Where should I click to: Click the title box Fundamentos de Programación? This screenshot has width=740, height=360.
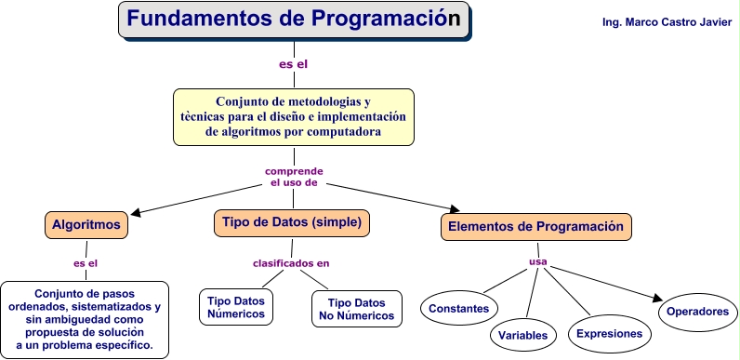click(293, 20)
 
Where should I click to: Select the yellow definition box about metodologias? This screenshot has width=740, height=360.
click(293, 117)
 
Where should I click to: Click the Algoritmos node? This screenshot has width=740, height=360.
click(85, 224)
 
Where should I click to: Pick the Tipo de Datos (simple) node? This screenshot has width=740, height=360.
click(293, 222)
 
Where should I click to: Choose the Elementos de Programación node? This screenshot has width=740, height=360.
click(535, 227)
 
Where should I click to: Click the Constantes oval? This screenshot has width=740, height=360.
click(460, 307)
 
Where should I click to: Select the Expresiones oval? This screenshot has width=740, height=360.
click(609, 333)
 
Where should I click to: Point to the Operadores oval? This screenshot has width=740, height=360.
click(697, 312)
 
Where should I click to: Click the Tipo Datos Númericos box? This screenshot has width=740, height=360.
click(236, 308)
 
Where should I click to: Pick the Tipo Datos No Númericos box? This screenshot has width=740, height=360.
click(357, 309)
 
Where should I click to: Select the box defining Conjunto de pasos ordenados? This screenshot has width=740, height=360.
click(85, 319)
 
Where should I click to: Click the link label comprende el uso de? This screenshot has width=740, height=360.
click(294, 177)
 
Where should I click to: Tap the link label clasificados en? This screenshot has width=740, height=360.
click(291, 263)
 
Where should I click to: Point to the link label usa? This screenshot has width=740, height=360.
click(537, 261)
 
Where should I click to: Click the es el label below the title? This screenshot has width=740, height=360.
click(293, 64)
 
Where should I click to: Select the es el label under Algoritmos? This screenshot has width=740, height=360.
click(86, 263)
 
